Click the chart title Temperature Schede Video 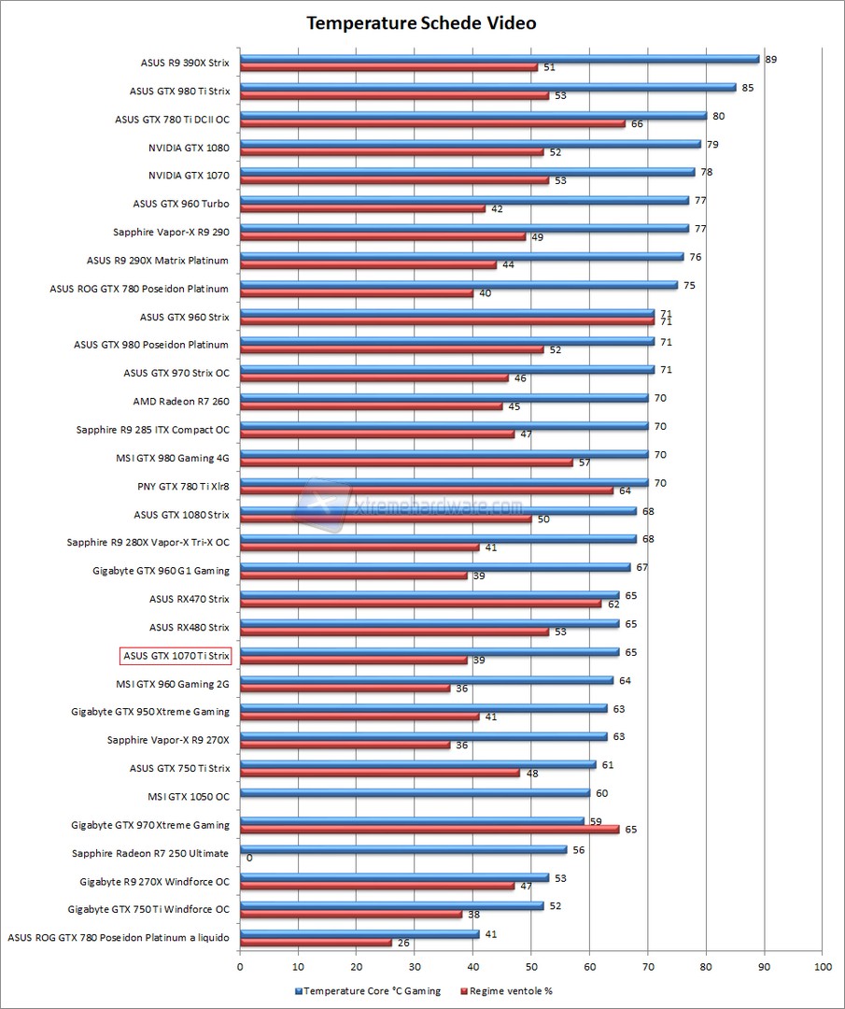[x=422, y=22]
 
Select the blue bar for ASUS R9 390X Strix [x=500, y=59]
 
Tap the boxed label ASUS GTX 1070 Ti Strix [x=176, y=656]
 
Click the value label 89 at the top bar [x=770, y=59]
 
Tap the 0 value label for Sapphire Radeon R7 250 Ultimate [x=249, y=857]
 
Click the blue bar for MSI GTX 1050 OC [x=415, y=793]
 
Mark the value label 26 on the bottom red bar [x=403, y=943]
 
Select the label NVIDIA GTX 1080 [x=189, y=148]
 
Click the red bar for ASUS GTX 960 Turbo [x=362, y=208]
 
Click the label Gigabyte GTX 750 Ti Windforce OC [x=148, y=908]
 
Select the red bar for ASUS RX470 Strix [x=420, y=604]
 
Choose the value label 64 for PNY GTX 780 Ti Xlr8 [x=625, y=490]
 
